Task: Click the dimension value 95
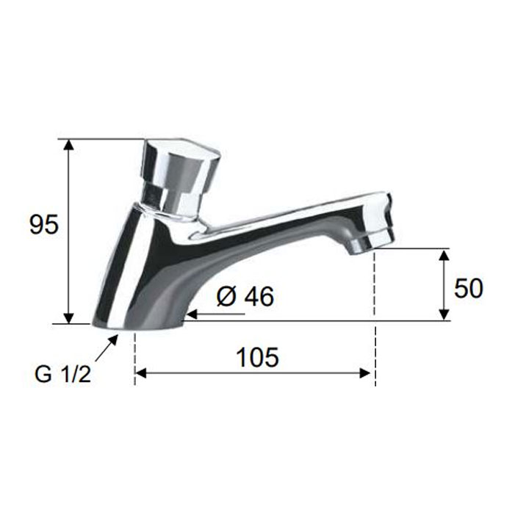[44, 224]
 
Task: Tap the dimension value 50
[469, 289]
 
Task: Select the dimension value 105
[258, 357]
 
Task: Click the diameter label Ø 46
[245, 297]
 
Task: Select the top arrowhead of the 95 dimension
[69, 145]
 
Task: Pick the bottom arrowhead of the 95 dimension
[69, 317]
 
